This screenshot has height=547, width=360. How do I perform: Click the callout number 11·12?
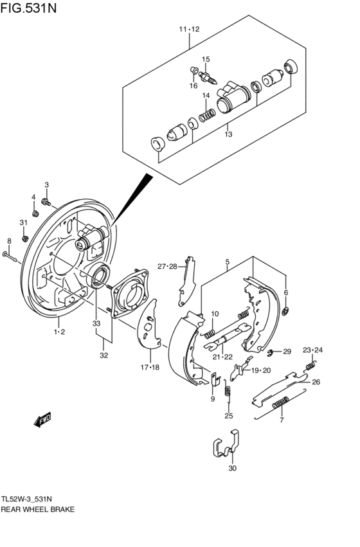click(190, 29)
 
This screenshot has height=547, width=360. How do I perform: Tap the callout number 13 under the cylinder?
click(228, 135)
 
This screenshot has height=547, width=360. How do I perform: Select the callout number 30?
click(232, 468)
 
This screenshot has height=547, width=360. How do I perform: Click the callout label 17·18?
click(150, 367)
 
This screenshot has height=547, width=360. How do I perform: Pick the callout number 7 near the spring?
click(282, 420)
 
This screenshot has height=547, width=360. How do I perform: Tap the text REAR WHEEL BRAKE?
click(38, 508)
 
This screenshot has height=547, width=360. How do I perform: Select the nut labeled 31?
click(24, 238)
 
